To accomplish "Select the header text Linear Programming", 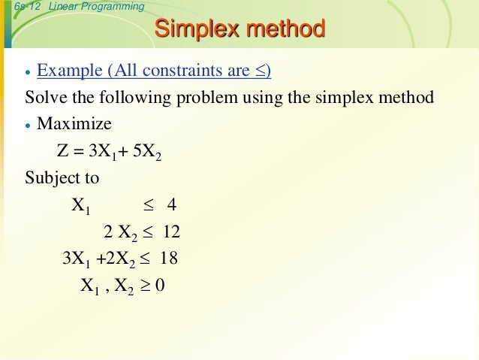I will pyautogui.click(x=95, y=7).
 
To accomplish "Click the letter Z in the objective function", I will pyautogui.click(x=62, y=151).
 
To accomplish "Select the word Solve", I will pyautogui.click(x=44, y=98).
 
